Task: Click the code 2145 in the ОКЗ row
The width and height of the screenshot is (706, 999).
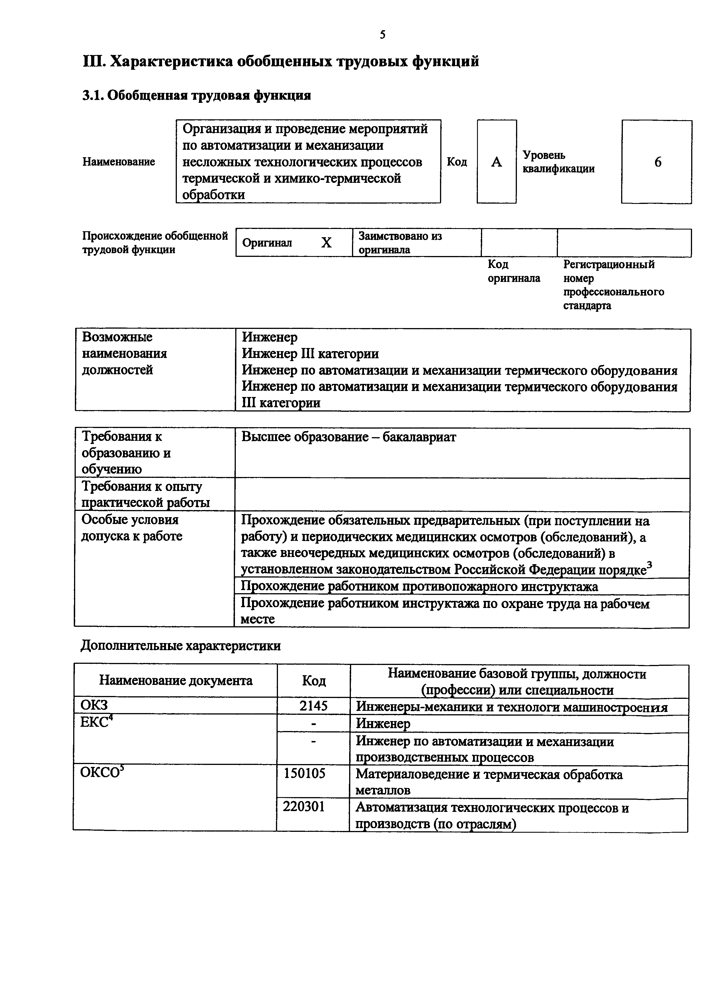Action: click(313, 705)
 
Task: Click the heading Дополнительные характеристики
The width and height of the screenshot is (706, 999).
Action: click(181, 646)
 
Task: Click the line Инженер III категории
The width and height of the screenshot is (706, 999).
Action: click(310, 354)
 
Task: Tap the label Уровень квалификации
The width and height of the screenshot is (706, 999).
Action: click(558, 162)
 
